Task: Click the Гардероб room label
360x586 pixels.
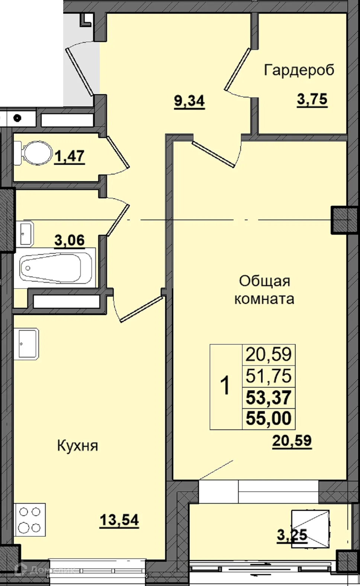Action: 299,70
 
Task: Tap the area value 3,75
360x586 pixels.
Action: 312,99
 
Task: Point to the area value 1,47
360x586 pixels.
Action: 70,156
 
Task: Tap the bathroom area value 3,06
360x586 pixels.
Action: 70,240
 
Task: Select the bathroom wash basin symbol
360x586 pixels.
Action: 26,234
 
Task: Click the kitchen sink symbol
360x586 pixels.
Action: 27,343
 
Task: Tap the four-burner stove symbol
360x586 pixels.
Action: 30,519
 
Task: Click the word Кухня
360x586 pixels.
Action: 77,445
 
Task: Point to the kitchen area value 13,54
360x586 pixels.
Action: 119,520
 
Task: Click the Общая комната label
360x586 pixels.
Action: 264,290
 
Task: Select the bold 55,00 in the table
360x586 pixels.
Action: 269,419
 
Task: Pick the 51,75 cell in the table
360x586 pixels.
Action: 269,376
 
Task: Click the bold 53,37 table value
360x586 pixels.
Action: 269,397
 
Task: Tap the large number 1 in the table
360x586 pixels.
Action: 225,386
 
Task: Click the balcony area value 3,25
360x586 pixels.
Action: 292,535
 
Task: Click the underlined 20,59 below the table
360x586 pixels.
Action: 292,441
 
